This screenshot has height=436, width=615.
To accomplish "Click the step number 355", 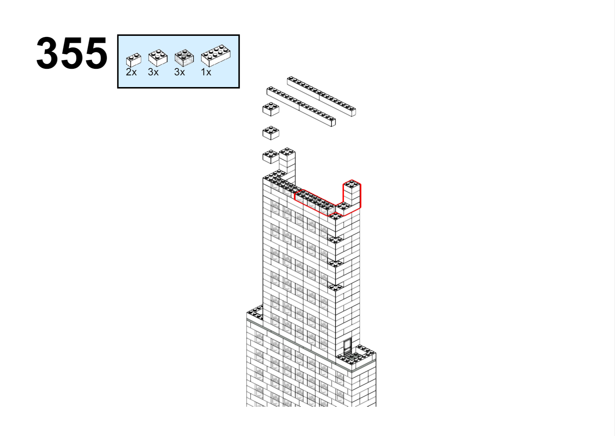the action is tap(72, 53).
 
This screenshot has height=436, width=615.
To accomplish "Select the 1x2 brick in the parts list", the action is tap(133, 60).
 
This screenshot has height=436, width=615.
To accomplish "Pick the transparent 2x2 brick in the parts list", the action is tap(184, 58).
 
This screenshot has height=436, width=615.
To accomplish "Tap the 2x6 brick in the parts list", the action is tap(216, 56).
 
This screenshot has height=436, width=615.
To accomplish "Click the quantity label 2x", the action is tap(131, 72).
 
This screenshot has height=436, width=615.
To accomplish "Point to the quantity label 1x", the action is tap(206, 72).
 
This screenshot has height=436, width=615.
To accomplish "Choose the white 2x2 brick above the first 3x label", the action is tap(158, 58).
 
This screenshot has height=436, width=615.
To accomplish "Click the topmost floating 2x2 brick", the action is tap(271, 109).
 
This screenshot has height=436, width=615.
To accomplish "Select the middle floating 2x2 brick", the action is tap(271, 133).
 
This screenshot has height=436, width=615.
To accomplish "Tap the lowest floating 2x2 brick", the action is tap(271, 157).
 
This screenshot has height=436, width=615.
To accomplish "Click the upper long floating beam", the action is tap(321, 96).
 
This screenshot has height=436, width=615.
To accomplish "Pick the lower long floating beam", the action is tap(301, 106).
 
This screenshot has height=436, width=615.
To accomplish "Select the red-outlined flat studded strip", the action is tap(315, 202).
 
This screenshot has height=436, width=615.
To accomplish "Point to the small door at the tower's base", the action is tap(348, 346).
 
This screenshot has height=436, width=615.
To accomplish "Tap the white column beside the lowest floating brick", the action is tap(287, 165).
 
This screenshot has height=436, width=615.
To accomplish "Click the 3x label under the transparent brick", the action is tap(180, 72).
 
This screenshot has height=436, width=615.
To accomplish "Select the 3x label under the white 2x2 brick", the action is tap(153, 72).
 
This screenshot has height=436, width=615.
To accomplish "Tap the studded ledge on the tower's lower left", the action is tap(255, 313).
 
